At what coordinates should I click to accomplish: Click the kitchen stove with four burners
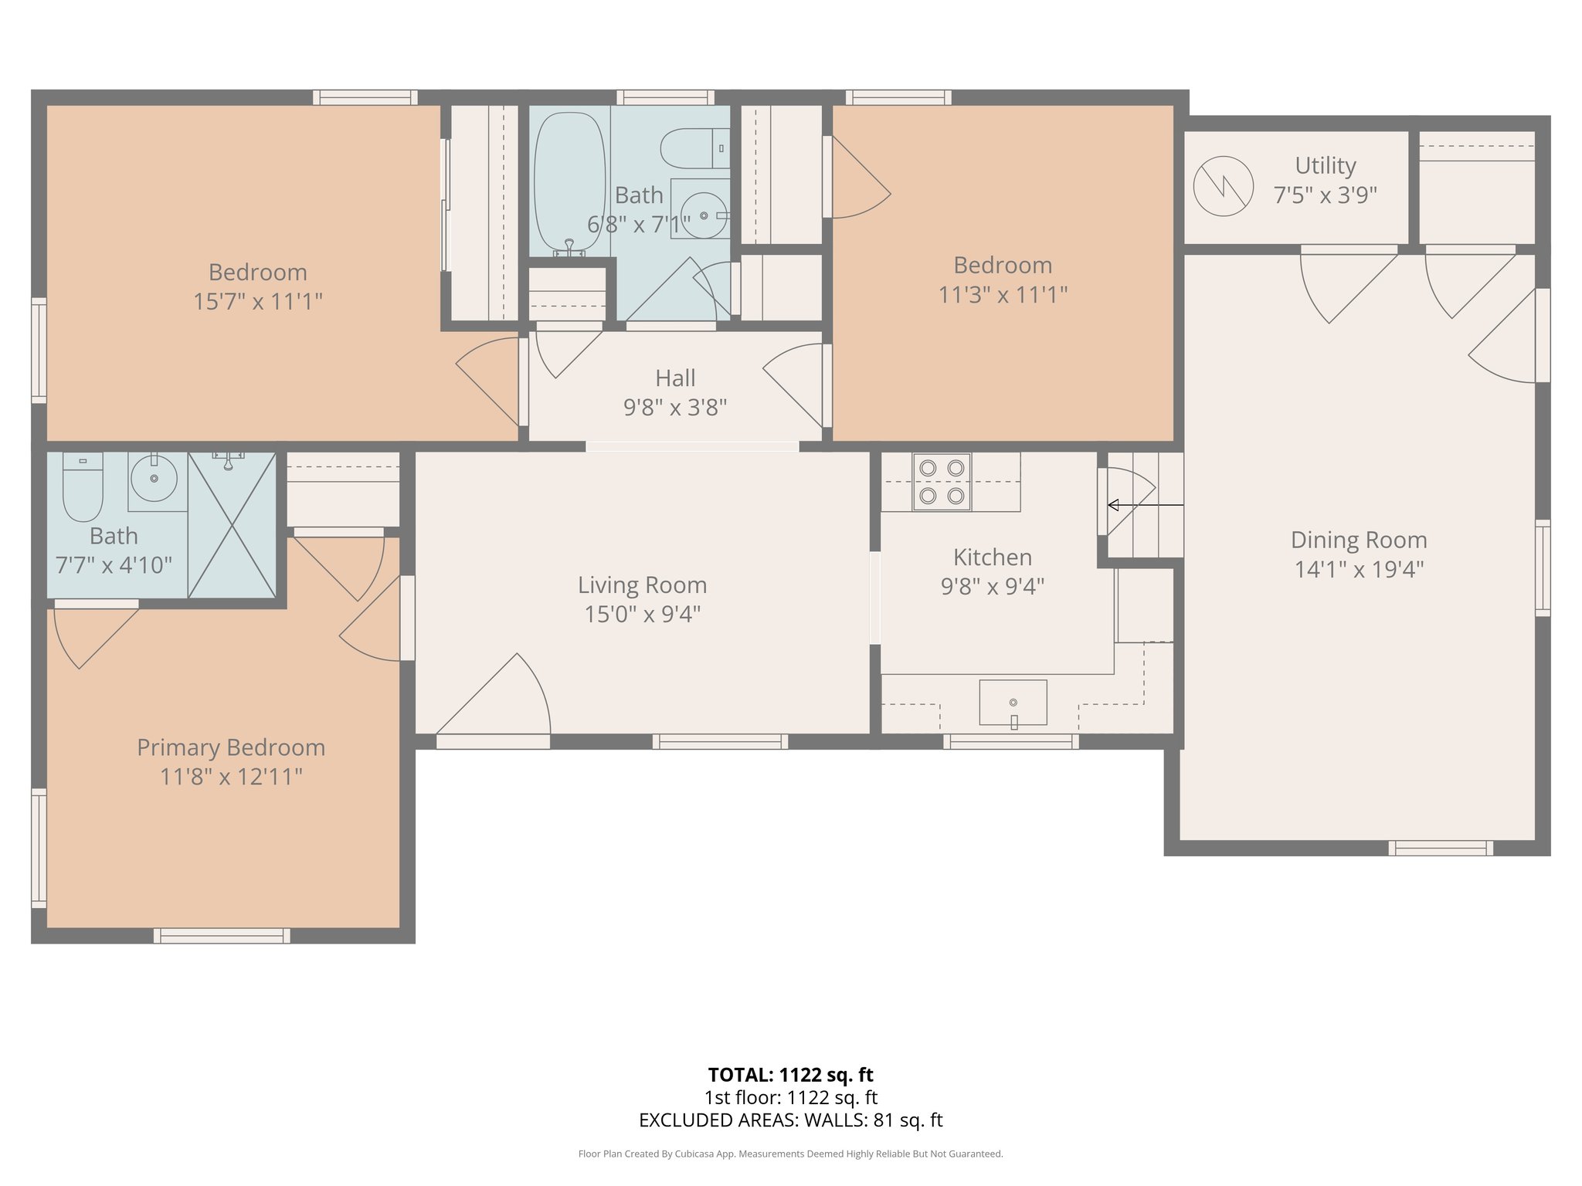click(942, 482)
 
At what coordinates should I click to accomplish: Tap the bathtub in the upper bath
click(569, 183)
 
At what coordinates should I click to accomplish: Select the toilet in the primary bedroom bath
click(83, 489)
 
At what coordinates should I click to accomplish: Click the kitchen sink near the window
click(1013, 703)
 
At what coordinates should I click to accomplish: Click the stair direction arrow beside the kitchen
click(1145, 505)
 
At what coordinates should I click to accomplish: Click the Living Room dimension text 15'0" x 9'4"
click(642, 615)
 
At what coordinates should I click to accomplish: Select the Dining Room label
click(1359, 540)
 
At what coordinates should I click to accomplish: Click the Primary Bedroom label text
click(231, 747)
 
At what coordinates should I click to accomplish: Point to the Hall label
click(675, 378)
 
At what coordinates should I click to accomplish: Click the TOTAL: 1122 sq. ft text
click(790, 1074)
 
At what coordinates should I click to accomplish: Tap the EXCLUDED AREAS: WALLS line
click(790, 1120)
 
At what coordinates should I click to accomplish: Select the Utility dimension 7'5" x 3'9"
click(1325, 195)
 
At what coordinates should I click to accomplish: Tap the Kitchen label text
click(992, 557)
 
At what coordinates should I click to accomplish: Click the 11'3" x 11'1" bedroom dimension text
click(1003, 294)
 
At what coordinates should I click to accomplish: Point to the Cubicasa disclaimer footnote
click(790, 1154)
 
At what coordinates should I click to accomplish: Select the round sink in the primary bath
click(154, 478)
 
